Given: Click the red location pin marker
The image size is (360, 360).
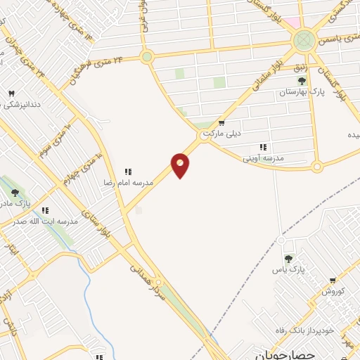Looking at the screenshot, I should coord(181,165).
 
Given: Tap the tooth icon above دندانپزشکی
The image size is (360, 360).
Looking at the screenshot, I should coord(11,94).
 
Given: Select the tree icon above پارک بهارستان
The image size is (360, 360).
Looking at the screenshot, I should coord(302,81).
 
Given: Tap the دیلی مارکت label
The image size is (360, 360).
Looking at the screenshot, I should coord(221,132).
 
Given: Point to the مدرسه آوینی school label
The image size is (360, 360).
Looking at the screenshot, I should coord(263,159).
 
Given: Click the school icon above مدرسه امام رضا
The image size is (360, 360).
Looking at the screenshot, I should coord(128,172).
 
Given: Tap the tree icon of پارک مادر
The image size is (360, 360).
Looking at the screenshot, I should coord(15,193).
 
